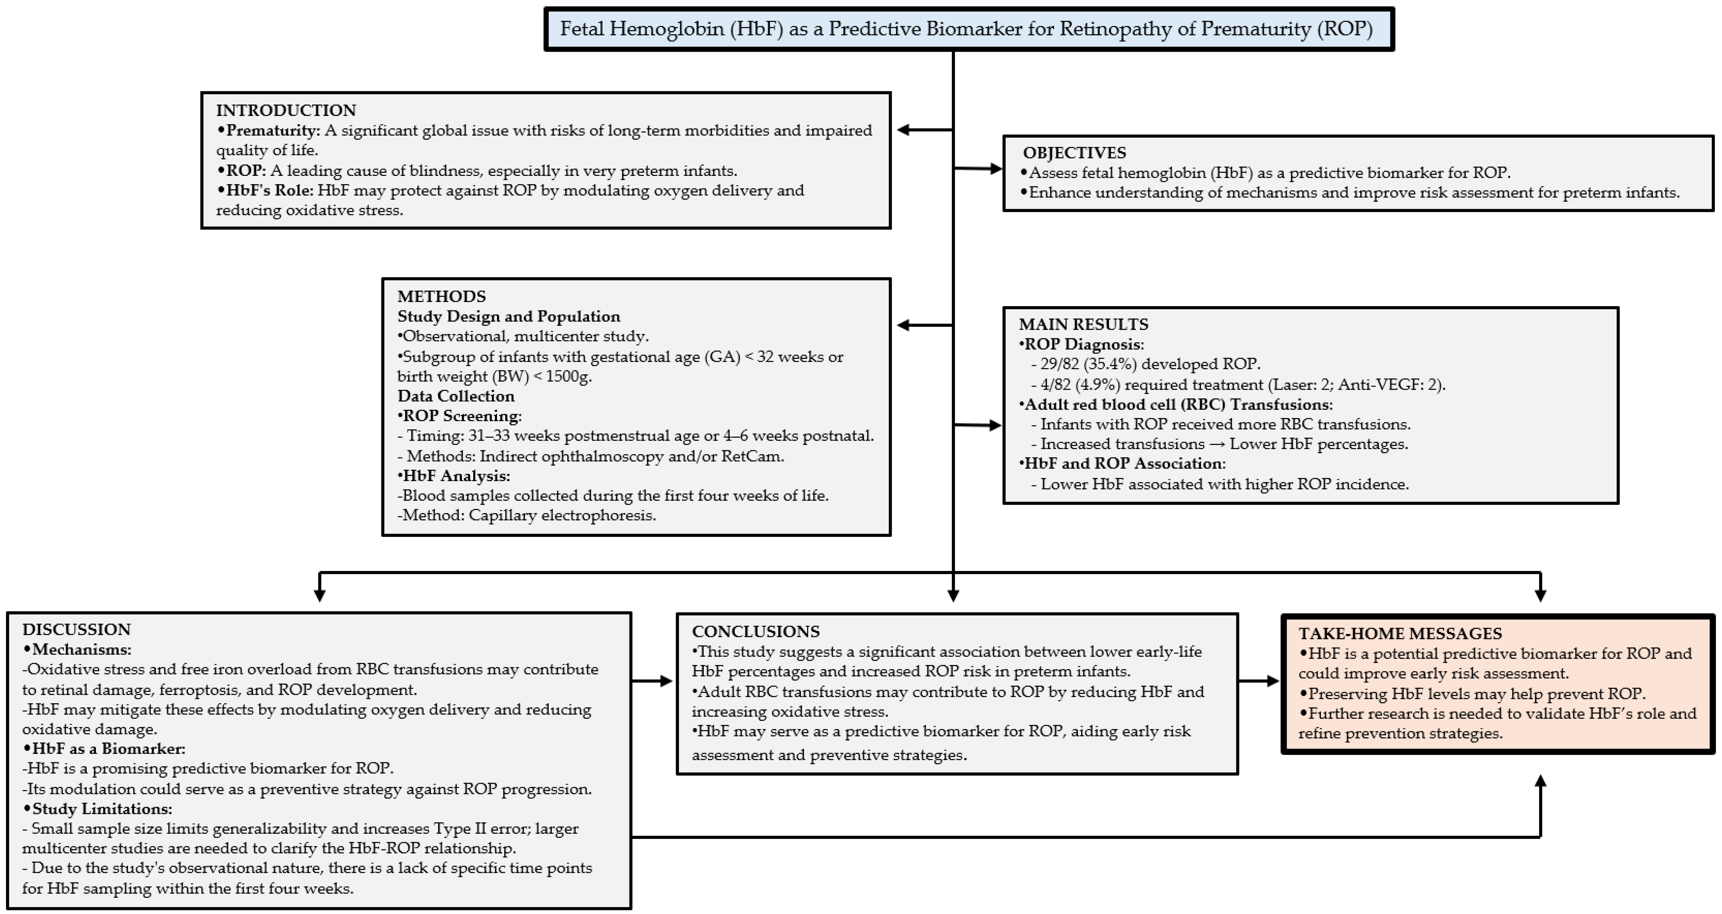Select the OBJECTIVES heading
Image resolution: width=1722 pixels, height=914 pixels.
pyautogui.click(x=1074, y=153)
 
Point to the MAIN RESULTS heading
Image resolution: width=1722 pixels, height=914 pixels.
pyautogui.click(x=1083, y=325)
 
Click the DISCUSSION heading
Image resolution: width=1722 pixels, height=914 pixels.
pyautogui.click(x=76, y=629)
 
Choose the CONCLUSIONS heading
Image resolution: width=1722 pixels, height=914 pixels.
pyautogui.click(x=755, y=631)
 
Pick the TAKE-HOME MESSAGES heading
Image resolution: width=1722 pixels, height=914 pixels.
pyautogui.click(x=1400, y=633)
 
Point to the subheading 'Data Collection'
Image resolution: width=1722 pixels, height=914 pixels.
pyautogui.click(x=456, y=396)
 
